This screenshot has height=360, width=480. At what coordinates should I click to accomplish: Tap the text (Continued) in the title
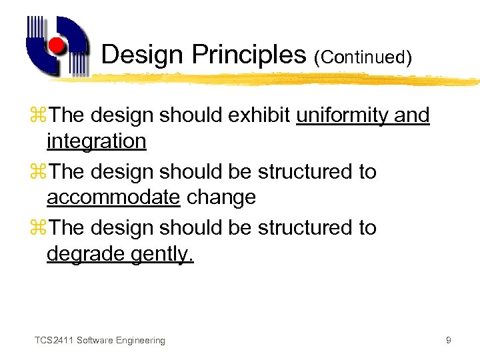click(x=362, y=57)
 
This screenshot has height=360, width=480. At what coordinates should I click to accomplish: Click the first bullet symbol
click(x=40, y=116)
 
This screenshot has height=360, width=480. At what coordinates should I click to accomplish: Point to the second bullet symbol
click(x=40, y=172)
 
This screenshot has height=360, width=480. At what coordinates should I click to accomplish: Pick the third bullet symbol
click(x=40, y=228)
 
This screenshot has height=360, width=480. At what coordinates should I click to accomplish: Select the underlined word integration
click(x=96, y=141)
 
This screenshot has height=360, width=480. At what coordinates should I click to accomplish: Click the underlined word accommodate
click(x=113, y=197)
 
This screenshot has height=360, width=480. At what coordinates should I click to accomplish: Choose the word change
click(x=221, y=197)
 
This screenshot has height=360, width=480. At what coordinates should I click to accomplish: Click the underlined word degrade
click(x=85, y=253)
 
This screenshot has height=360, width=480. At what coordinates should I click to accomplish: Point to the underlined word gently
click(x=162, y=254)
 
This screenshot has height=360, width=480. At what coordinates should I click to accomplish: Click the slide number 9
click(x=449, y=341)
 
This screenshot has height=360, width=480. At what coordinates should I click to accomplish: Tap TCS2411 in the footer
click(x=54, y=341)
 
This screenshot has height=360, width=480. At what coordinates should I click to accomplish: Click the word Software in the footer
click(x=94, y=341)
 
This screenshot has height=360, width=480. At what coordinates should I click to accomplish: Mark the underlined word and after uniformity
click(x=412, y=116)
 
